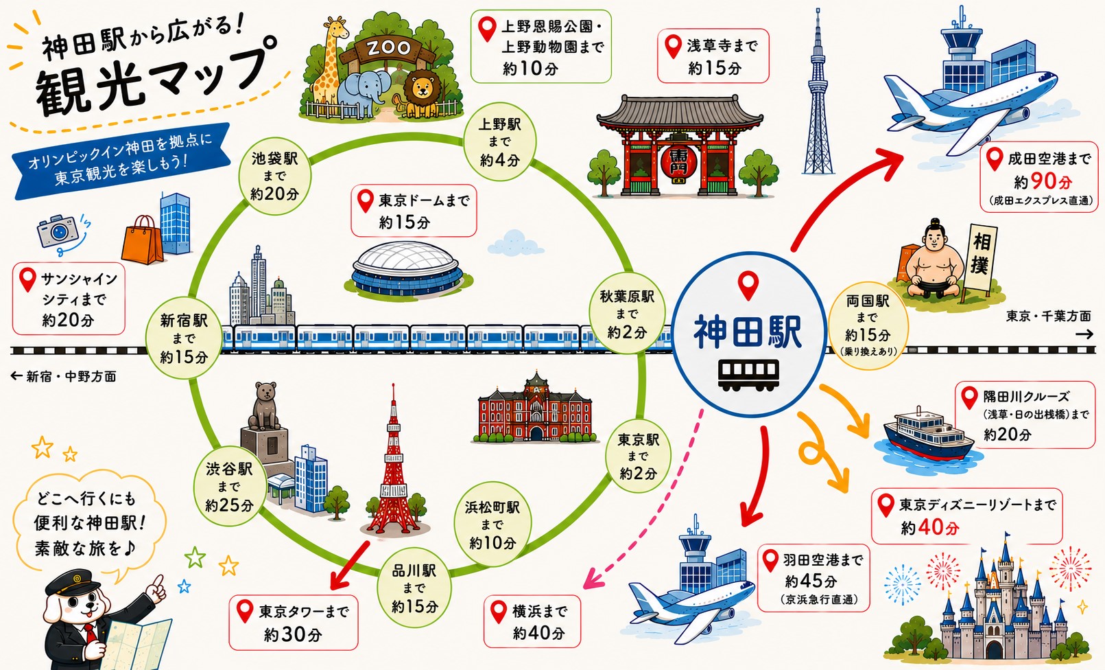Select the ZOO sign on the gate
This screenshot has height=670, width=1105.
[x=389, y=47]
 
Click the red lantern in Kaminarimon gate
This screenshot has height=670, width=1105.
[x=679, y=162]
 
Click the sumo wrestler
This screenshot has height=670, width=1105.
[x=934, y=261]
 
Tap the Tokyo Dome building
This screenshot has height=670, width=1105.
[x=407, y=268]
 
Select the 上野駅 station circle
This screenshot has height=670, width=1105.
[x=500, y=141]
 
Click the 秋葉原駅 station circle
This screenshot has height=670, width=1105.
[x=627, y=314]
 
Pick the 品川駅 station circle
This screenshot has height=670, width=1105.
[x=414, y=588]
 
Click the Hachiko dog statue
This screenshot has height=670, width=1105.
[x=264, y=406]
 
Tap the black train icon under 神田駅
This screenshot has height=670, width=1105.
[x=748, y=376]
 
